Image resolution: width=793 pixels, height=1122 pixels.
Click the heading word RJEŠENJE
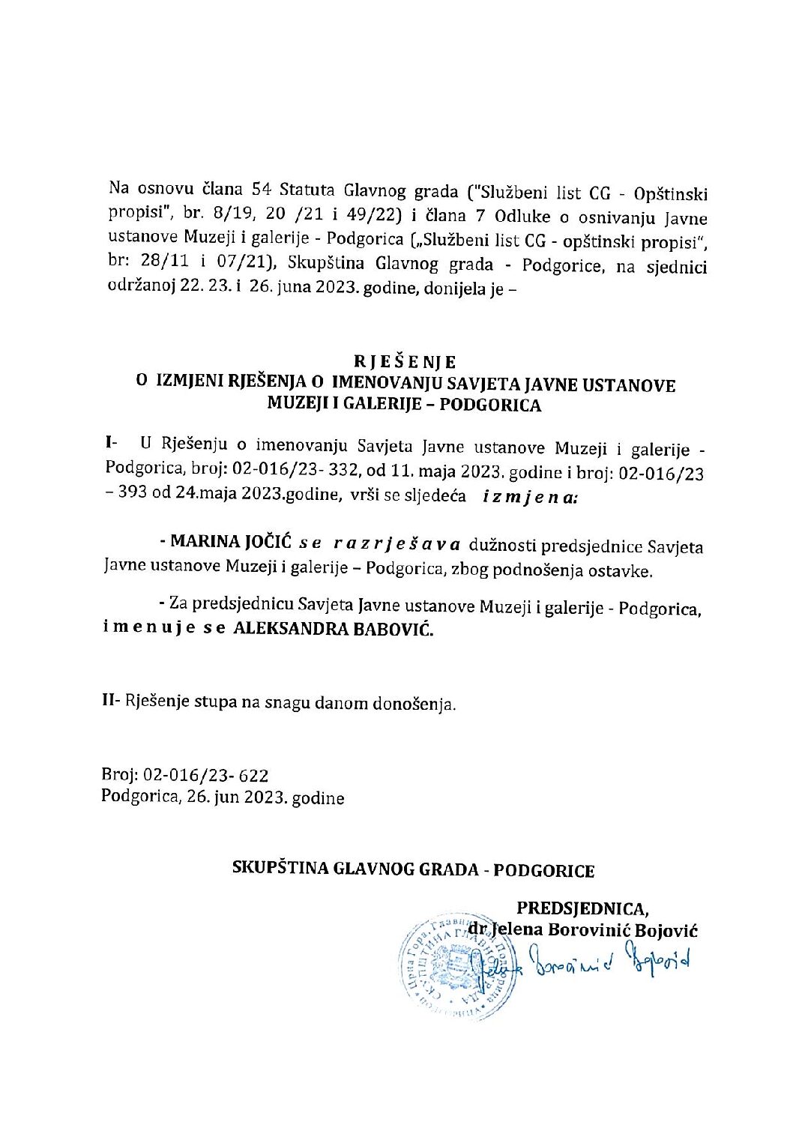coord(404,362)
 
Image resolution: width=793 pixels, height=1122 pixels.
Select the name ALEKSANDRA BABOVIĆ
coord(334,630)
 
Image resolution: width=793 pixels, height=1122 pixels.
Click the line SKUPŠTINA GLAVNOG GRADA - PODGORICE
coord(414,871)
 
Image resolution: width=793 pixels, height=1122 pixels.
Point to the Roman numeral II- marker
coord(112,702)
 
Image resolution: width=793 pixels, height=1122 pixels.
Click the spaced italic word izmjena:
coord(530,496)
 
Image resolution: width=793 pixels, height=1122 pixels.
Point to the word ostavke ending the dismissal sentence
coord(625,571)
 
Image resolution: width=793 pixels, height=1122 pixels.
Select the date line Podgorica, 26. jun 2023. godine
coord(223,797)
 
